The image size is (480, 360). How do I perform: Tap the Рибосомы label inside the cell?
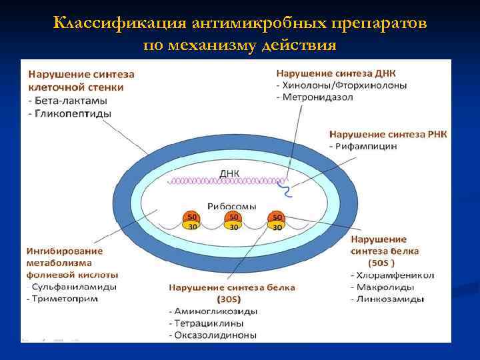tap(232, 206)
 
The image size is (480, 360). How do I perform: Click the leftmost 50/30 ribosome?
tap(191, 221)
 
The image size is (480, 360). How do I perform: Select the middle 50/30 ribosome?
tap(233, 221)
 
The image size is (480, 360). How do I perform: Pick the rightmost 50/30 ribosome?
tap(276, 221)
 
